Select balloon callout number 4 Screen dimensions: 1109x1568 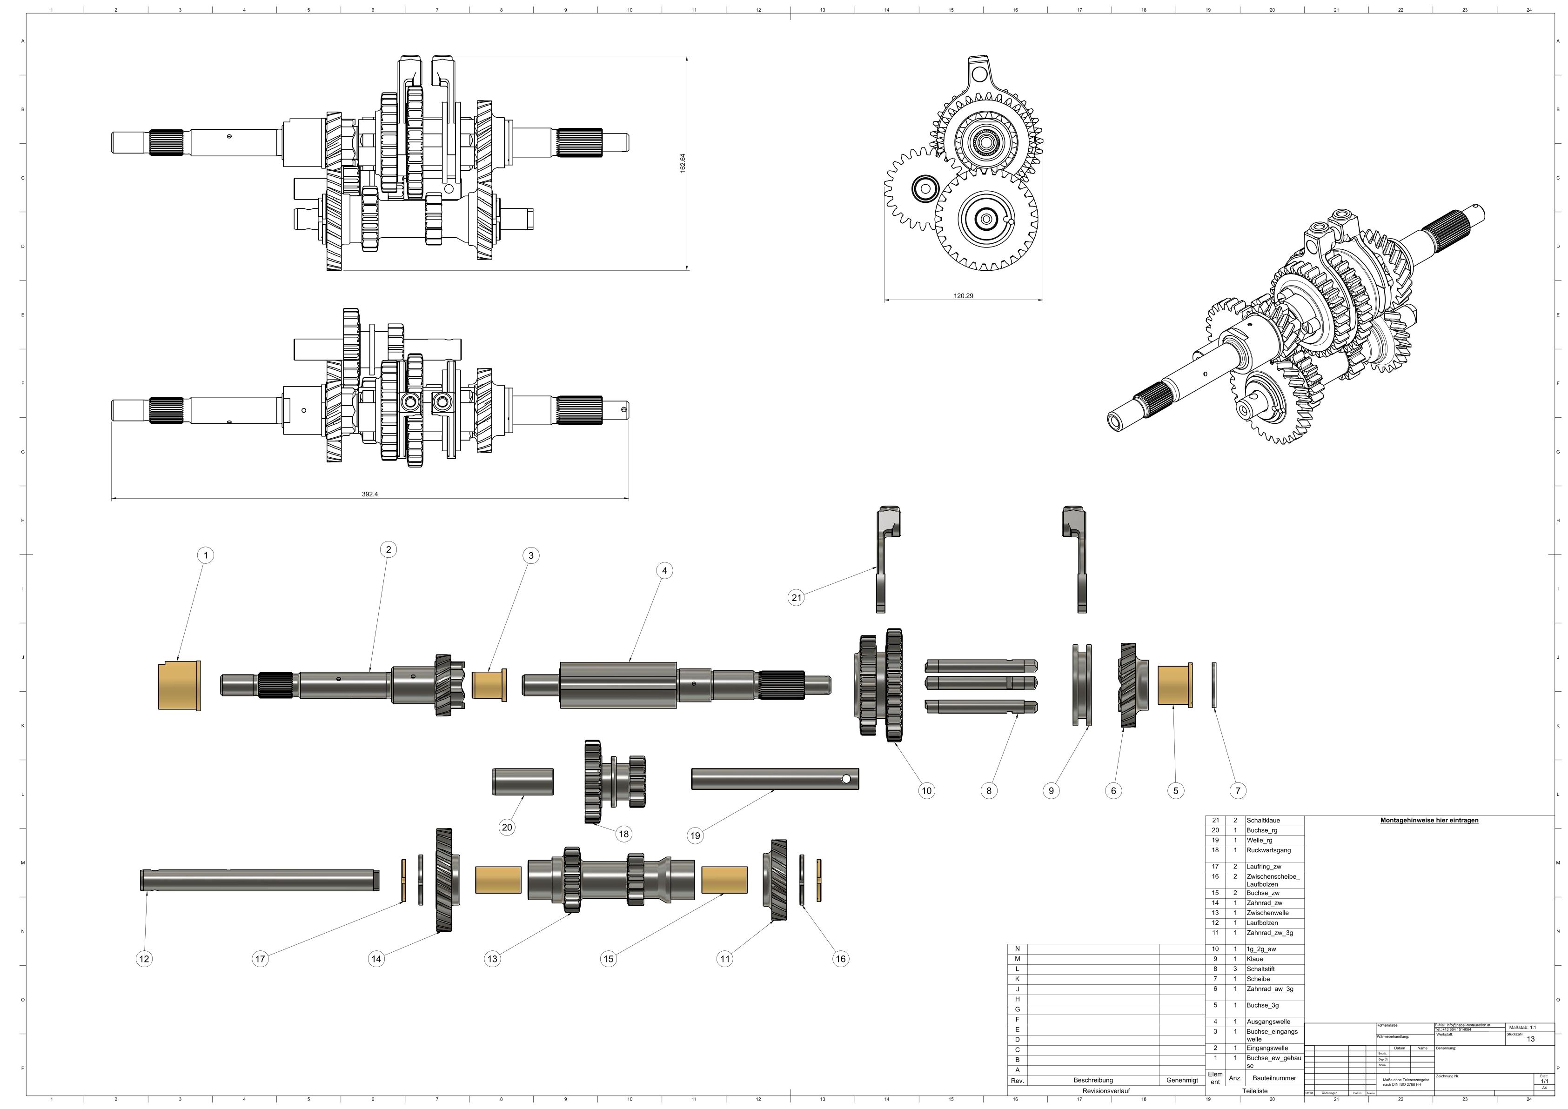point(664,570)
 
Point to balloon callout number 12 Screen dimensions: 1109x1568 point(144,959)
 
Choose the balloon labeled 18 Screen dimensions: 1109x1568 point(623,834)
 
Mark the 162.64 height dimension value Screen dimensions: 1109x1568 point(682,163)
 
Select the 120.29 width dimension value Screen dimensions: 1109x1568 point(963,296)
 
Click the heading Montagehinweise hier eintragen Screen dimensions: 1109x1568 point(1429,820)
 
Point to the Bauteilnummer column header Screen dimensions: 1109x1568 point(1274,1078)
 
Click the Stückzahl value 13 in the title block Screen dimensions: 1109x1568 point(1530,1039)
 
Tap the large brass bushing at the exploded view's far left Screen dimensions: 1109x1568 point(179,686)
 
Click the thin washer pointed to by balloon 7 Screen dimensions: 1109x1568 point(1213,685)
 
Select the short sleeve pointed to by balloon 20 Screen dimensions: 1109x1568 point(523,781)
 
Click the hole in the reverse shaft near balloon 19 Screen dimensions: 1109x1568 point(846,778)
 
